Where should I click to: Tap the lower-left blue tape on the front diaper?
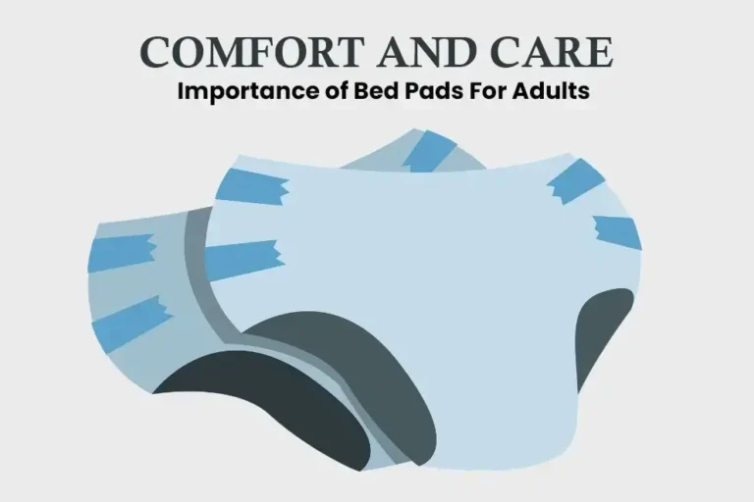coord(243,259)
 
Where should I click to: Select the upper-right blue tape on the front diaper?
coord(578,177)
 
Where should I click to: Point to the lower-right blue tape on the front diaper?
coord(617,231)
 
